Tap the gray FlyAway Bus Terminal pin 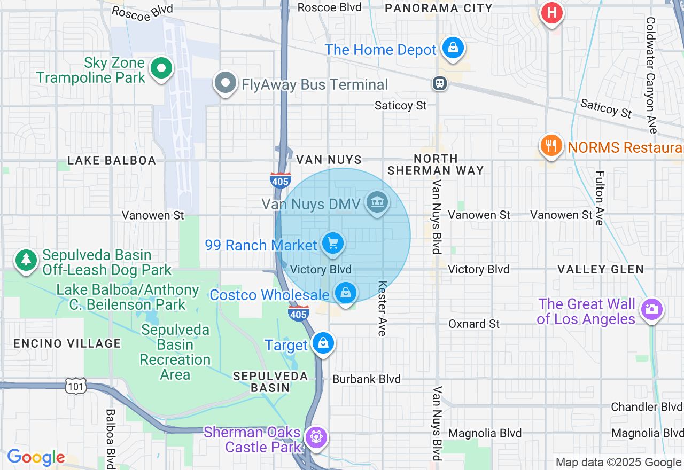pyautogui.click(x=226, y=83)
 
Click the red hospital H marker pyautogui.click(x=552, y=12)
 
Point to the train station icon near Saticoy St pyautogui.click(x=440, y=83)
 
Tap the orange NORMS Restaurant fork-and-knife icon pyautogui.click(x=551, y=145)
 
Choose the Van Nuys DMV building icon pyautogui.click(x=377, y=202)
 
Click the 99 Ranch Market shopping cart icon pyautogui.click(x=333, y=244)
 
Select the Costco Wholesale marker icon pyautogui.click(x=346, y=293)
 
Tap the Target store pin pyautogui.click(x=323, y=343)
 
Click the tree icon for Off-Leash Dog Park pyautogui.click(x=26, y=260)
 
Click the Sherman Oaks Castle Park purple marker pyautogui.click(x=316, y=437)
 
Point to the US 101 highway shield pyautogui.click(x=75, y=386)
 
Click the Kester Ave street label pyautogui.click(x=382, y=308)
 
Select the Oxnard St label pyautogui.click(x=473, y=324)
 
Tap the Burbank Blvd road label pyautogui.click(x=366, y=379)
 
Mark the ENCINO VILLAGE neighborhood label pyautogui.click(x=67, y=343)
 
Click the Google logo pyautogui.click(x=36, y=458)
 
